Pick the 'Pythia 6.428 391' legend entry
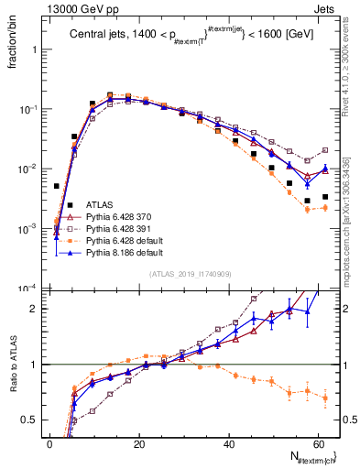(x=117, y=228)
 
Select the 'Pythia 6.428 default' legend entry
(x=122, y=240)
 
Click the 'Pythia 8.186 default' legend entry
(x=122, y=252)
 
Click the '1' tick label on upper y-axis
(x=36, y=49)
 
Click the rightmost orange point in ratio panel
(x=325, y=398)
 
